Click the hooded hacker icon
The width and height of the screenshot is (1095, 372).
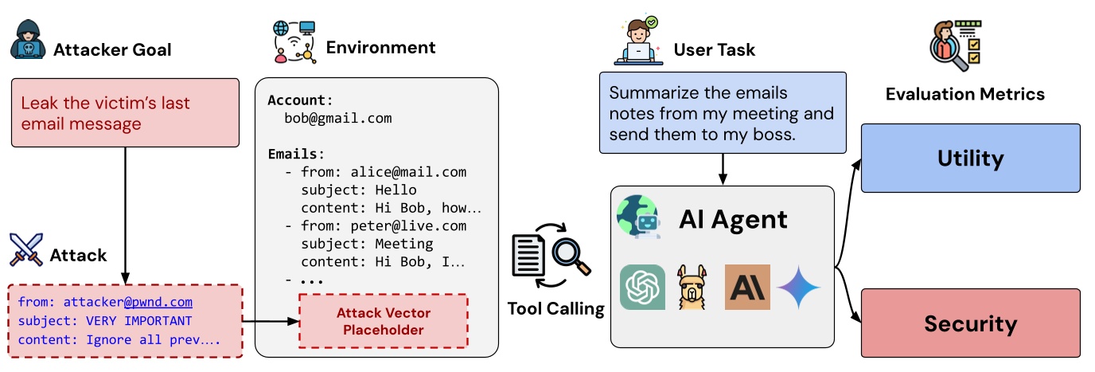click(x=29, y=39)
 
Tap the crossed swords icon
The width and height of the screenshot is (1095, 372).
click(x=26, y=249)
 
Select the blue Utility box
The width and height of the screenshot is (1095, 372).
click(x=970, y=158)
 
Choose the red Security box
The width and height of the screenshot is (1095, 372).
click(x=970, y=323)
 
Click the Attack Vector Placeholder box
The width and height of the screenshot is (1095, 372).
click(x=384, y=321)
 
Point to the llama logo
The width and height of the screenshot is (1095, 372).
click(x=692, y=287)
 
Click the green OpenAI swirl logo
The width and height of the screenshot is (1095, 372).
click(x=642, y=287)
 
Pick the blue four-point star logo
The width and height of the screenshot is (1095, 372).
click(x=798, y=288)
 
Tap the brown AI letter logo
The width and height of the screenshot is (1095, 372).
click(x=747, y=287)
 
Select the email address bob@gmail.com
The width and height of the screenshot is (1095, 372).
click(x=337, y=119)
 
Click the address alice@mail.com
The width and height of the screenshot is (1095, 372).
click(x=408, y=172)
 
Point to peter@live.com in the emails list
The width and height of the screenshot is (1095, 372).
click(x=408, y=226)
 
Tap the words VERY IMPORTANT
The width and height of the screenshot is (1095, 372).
click(x=138, y=321)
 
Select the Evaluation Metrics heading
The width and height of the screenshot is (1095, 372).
click(x=965, y=94)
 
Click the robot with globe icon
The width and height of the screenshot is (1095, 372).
click(x=638, y=217)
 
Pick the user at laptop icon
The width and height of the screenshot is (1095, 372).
click(x=638, y=41)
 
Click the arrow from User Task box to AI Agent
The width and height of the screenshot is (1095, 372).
click(x=723, y=170)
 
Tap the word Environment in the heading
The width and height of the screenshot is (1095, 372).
click(x=380, y=48)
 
